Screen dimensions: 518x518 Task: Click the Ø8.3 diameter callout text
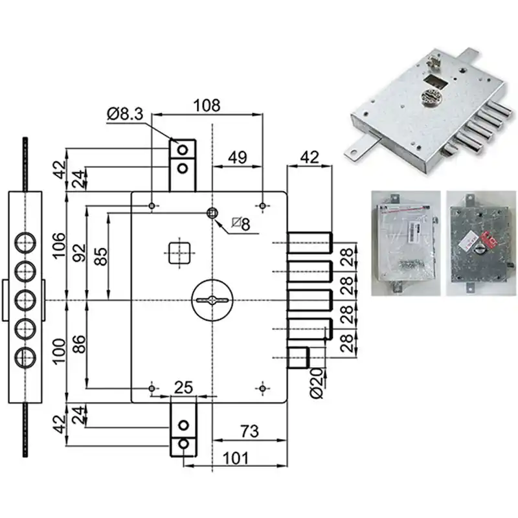point(125,114)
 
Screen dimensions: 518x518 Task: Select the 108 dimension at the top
point(207,106)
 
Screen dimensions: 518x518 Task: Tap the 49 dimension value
point(237,157)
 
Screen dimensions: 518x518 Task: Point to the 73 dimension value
point(249,431)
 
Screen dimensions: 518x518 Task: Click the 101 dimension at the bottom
point(236,458)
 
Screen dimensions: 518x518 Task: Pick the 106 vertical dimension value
point(60,246)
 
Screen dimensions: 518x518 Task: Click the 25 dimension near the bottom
point(183,387)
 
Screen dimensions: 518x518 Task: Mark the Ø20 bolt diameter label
point(317,383)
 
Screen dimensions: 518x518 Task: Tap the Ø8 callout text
point(241,224)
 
